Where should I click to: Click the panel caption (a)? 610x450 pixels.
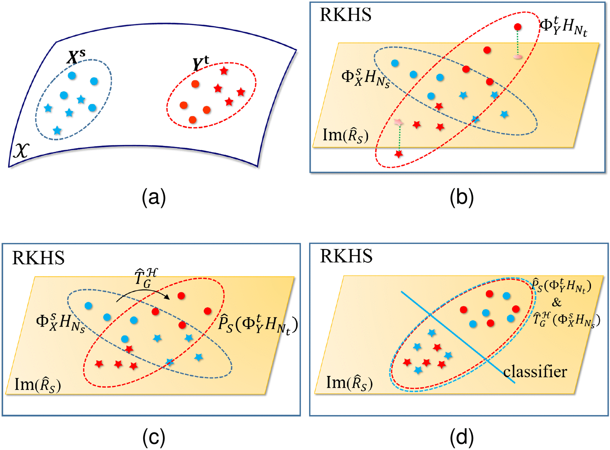pos(154,198)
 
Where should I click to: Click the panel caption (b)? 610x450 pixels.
pos(461,198)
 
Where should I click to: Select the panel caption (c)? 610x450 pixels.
pos(154,437)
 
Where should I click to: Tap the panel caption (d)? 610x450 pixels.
pos(461,437)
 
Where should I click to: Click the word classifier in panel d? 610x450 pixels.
pos(535,372)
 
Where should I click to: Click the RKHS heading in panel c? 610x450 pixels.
pos(38,258)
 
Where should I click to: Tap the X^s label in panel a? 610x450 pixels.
pos(76,56)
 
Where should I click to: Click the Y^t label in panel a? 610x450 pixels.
pos(201,63)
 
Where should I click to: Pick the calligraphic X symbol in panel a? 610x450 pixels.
pos(21,151)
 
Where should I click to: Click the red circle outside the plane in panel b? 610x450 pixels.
pos(518,27)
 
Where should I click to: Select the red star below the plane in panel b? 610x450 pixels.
pos(399,154)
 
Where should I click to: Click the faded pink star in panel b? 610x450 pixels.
pos(398,122)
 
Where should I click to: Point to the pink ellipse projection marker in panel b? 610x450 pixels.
pos(518,57)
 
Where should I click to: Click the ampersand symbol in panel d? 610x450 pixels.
pos(557,302)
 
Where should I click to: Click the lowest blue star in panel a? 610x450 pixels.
pos(57,130)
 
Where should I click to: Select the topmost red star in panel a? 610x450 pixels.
pos(224,71)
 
